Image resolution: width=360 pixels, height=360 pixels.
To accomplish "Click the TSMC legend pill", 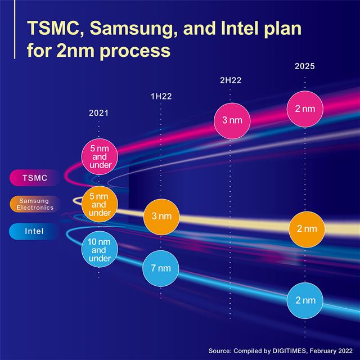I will click(x=35, y=178).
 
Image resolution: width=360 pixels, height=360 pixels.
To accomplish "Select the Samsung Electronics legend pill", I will click(x=35, y=204).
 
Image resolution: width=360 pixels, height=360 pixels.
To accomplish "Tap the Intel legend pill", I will click(x=35, y=230).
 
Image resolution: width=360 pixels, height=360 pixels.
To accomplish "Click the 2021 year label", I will click(x=98, y=113).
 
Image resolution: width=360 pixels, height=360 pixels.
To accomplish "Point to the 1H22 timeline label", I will click(x=161, y=96).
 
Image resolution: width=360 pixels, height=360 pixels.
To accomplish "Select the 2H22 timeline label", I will click(x=231, y=80).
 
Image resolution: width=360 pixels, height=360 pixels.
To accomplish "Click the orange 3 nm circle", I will click(x=161, y=216).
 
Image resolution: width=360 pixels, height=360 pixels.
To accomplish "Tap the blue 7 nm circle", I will click(x=161, y=267).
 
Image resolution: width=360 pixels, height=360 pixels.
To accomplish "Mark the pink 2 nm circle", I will click(x=304, y=109).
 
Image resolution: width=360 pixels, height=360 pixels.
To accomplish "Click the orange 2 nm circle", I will click(x=306, y=229).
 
